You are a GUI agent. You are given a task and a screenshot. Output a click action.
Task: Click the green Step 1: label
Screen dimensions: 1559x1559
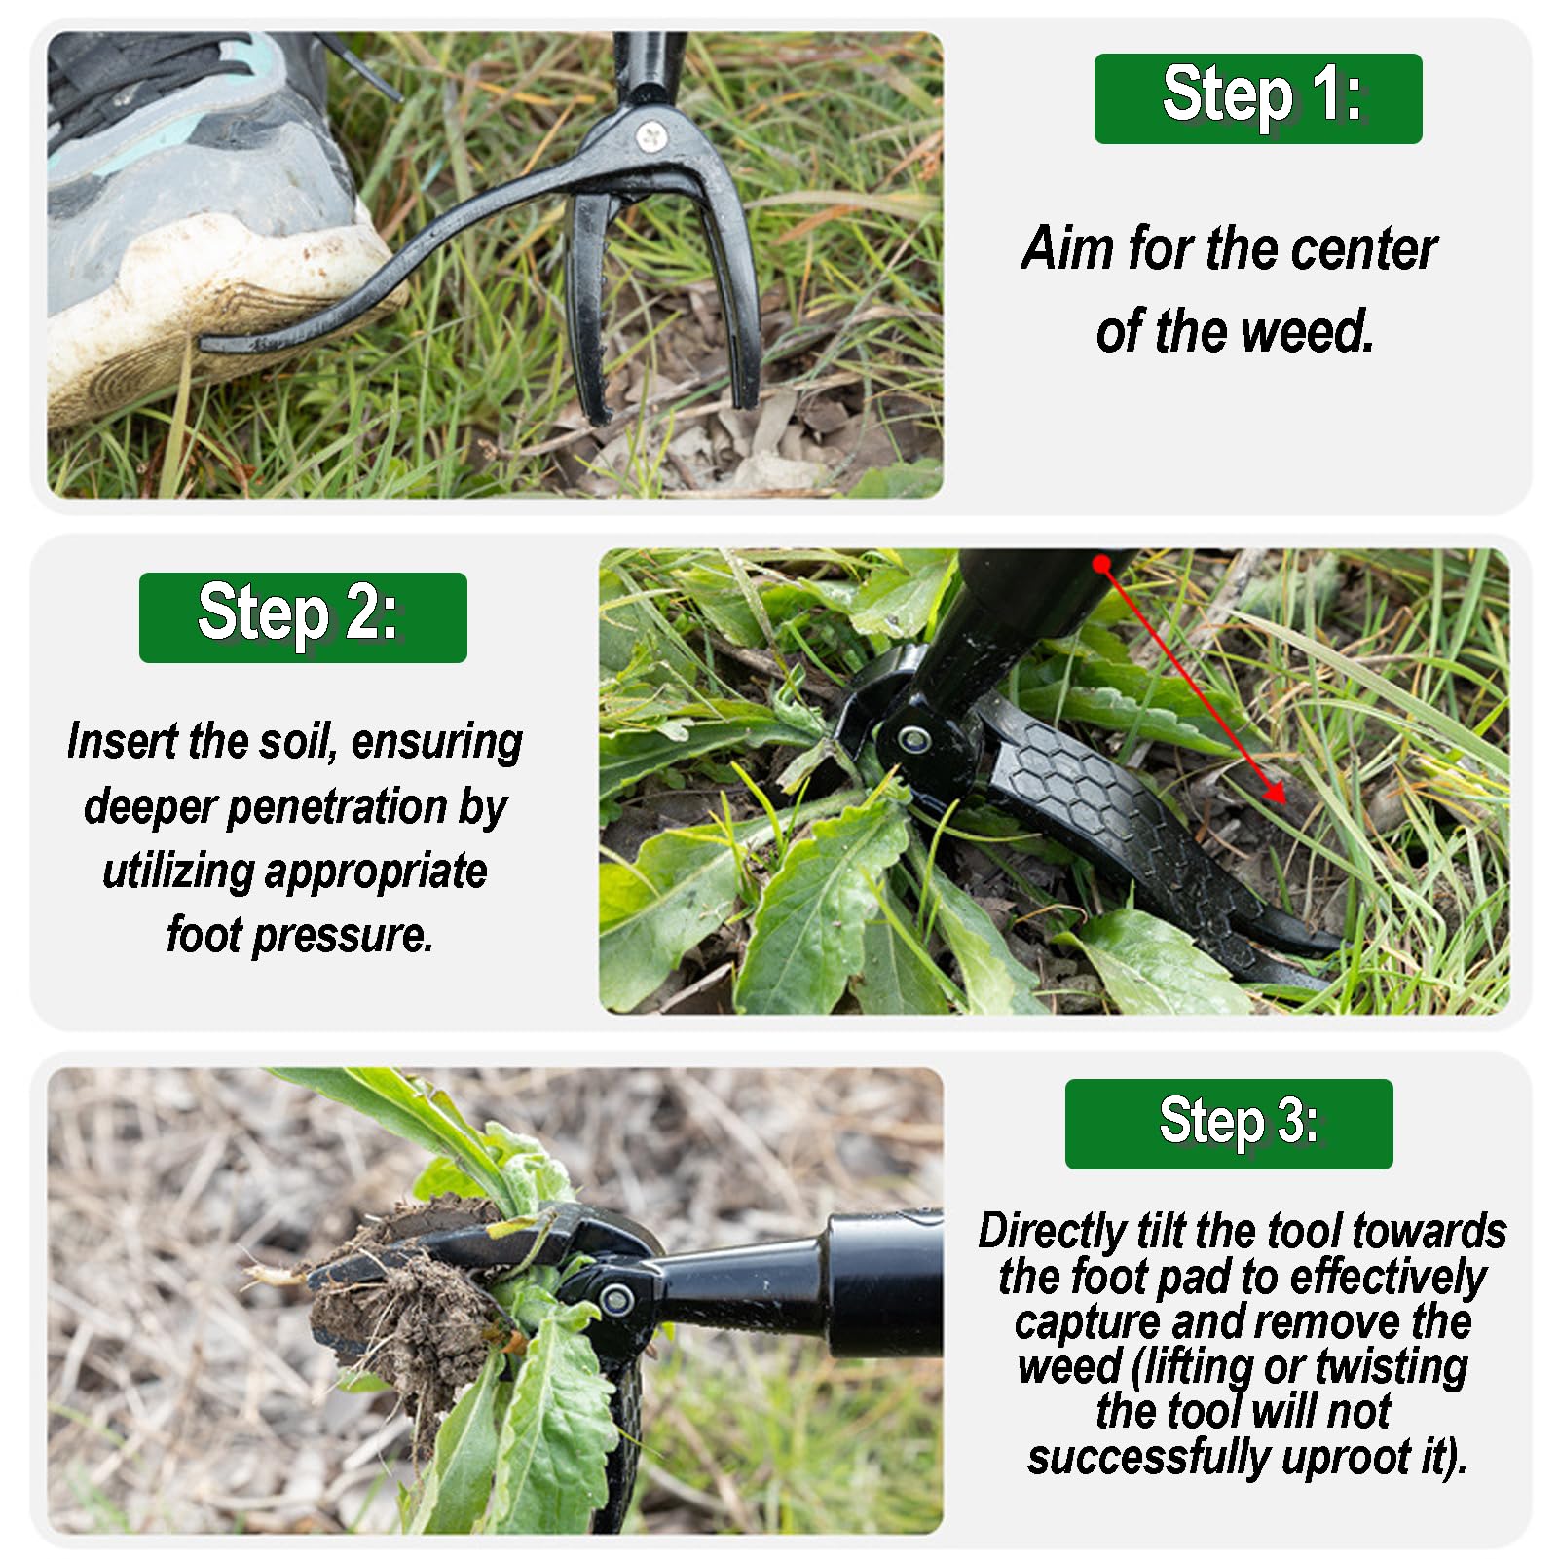[1257, 98]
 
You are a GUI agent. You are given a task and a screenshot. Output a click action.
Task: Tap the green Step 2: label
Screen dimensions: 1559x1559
[303, 617]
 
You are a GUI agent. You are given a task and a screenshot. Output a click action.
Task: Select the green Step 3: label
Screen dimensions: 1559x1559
[1229, 1124]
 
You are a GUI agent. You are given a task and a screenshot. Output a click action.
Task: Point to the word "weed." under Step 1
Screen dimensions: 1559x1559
[1308, 331]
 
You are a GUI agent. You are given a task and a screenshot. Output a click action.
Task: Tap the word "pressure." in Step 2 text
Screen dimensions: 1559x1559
[343, 935]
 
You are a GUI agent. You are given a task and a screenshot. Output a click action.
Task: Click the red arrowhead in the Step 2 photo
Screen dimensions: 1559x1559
[1275, 791]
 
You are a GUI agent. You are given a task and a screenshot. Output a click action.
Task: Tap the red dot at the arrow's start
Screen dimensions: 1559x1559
[1101, 564]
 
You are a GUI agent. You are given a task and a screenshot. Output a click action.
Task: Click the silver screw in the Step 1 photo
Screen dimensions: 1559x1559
[650, 136]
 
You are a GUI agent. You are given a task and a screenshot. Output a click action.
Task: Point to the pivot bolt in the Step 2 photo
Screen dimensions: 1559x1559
[913, 740]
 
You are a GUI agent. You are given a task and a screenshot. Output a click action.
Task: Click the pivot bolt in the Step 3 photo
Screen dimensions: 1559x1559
[615, 1298]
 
